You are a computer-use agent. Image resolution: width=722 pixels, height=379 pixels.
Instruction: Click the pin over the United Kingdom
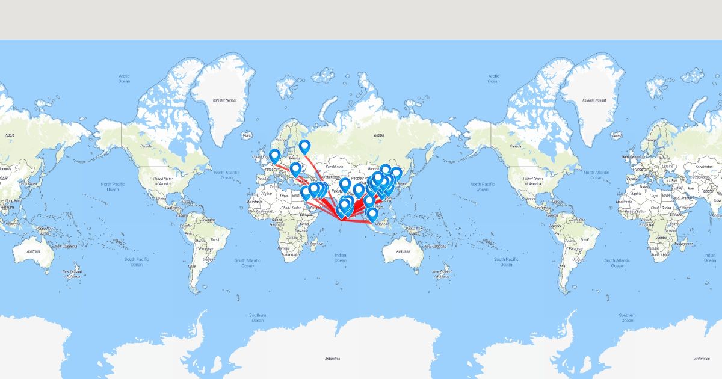coord(274,155)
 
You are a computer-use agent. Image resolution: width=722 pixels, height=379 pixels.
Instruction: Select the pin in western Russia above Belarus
coord(305,146)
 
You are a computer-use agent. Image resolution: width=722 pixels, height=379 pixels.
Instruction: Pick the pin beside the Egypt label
coord(306,193)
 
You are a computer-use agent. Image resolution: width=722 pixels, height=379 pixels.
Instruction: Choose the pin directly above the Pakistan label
coord(345,183)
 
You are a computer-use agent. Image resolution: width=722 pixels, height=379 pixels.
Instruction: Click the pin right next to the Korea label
coord(396,173)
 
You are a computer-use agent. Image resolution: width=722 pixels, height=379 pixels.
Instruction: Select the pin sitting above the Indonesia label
coord(372,213)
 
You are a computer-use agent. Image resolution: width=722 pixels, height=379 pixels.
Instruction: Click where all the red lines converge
coord(342,221)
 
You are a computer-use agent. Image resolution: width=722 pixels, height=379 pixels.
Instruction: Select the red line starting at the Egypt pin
coord(322,207)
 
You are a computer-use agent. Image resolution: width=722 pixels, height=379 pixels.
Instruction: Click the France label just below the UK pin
coord(269,170)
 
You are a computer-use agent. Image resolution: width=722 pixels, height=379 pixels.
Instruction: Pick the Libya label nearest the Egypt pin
coord(283,195)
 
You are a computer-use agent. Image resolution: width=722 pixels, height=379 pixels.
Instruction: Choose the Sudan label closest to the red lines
coord(297,207)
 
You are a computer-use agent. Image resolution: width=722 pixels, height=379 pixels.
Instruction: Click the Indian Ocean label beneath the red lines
coord(341,257)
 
